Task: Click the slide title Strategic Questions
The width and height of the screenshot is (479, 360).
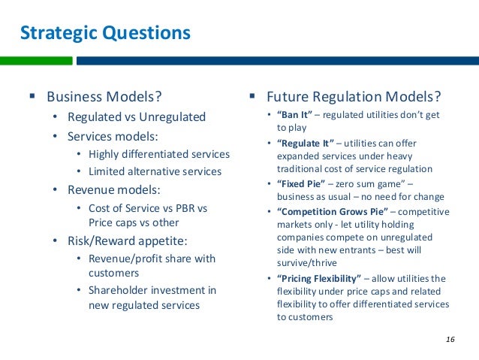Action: [x=104, y=33]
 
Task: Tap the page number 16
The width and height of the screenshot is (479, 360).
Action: [x=450, y=340]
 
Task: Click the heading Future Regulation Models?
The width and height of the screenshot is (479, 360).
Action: [x=354, y=97]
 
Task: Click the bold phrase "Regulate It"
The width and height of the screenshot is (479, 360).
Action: [x=306, y=143]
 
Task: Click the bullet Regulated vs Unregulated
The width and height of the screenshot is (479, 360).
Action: [x=136, y=117]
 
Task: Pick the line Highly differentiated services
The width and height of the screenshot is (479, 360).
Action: [x=158, y=154]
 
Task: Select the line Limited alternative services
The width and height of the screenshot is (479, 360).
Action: [x=155, y=171]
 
